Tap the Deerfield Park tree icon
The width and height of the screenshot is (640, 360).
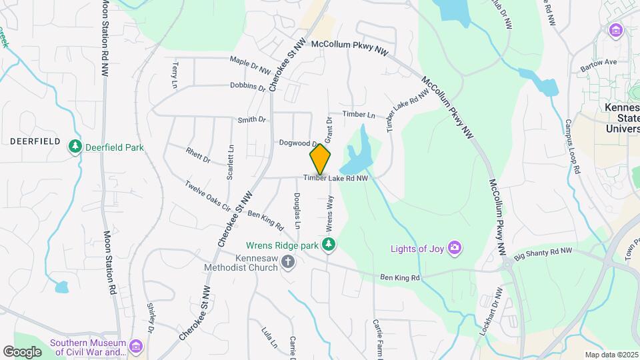pyautogui.click(x=76, y=146)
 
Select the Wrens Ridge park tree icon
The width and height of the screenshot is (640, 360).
pyautogui.click(x=328, y=245)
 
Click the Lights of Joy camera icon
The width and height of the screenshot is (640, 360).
pyautogui.click(x=455, y=249)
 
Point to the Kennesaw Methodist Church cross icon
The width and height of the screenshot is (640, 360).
pyautogui.click(x=288, y=261)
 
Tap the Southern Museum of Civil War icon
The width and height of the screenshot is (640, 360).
pyautogui.click(x=136, y=347)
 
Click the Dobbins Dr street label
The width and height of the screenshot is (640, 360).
pyautogui.click(x=247, y=87)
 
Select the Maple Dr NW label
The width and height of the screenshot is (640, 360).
pyautogui.click(x=250, y=65)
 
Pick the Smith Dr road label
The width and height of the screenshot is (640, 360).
pyautogui.click(x=251, y=120)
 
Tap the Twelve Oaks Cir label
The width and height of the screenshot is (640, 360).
pyautogui.click(x=207, y=196)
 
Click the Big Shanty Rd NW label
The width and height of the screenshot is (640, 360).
pyautogui.click(x=543, y=253)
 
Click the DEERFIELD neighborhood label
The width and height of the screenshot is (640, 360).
pyautogui.click(x=35, y=142)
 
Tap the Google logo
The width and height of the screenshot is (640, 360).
pyautogui.click(x=22, y=351)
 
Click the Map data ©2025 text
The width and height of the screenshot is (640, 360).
pyautogui.click(x=611, y=355)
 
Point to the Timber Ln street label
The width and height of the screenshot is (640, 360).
pyautogui.click(x=359, y=115)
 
